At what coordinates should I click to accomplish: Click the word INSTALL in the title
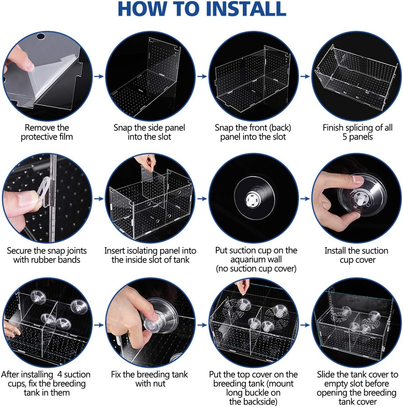pyautogui.click(x=246, y=9)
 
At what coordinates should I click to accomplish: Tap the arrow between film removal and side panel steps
pyautogui.click(x=99, y=76)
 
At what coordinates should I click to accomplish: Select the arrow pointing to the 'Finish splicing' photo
pyautogui.click(x=305, y=76)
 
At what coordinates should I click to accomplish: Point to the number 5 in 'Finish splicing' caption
pyautogui.click(x=345, y=137)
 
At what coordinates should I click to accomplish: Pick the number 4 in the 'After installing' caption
pyautogui.click(x=60, y=374)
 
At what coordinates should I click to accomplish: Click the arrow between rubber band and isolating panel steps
pyautogui.click(x=99, y=199)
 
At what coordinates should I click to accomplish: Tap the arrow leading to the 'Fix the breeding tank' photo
pyautogui.click(x=99, y=325)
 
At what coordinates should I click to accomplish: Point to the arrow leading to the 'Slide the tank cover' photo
pyautogui.click(x=305, y=325)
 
